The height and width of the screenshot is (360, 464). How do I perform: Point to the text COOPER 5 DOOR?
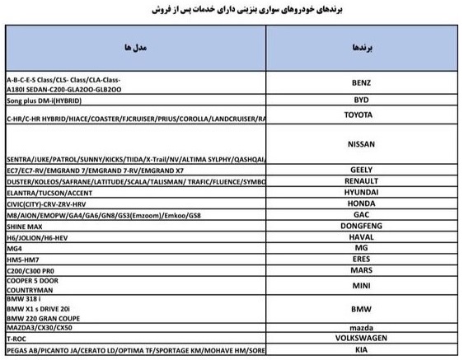tap(32, 280)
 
